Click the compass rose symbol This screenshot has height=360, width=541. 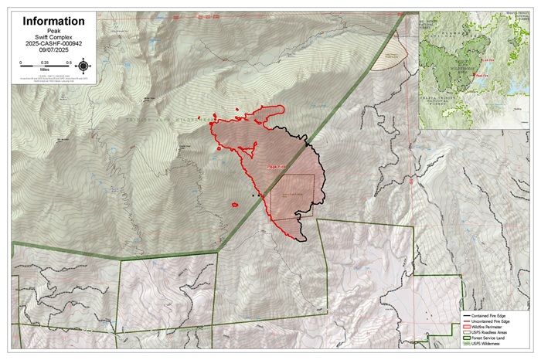(x=83, y=65)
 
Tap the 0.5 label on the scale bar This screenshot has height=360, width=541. (x=69, y=62)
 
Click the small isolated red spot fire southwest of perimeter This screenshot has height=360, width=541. (x=234, y=205)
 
